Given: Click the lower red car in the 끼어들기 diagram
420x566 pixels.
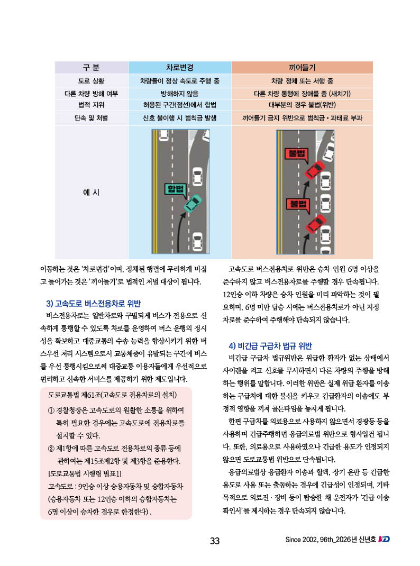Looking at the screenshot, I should click(x=317, y=220).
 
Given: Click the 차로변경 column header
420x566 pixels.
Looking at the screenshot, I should click(x=180, y=68).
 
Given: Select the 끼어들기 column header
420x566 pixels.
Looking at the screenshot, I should click(x=302, y=68).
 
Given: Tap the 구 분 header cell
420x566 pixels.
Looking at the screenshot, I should click(x=91, y=68).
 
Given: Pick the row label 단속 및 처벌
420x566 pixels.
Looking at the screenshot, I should click(x=91, y=117).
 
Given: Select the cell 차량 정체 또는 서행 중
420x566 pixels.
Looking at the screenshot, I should click(x=302, y=81).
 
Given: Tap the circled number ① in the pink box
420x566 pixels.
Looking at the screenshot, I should click(x=51, y=410).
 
